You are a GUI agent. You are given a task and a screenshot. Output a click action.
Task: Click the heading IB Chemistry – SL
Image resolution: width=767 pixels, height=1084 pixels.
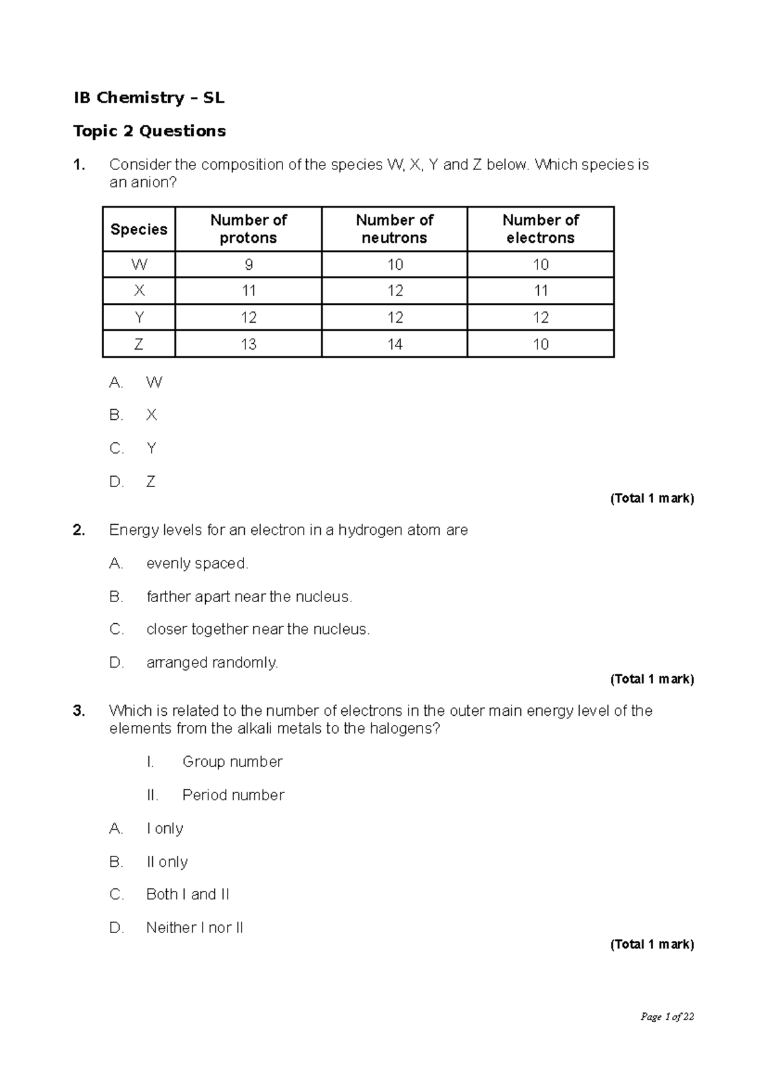coord(149,98)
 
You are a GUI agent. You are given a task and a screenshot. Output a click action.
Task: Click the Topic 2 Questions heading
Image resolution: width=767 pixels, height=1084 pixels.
coord(150,131)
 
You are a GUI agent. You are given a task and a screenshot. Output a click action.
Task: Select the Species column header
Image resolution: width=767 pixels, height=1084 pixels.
coord(139,229)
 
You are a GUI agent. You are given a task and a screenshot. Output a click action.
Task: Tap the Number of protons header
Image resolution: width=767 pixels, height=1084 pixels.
coord(248,229)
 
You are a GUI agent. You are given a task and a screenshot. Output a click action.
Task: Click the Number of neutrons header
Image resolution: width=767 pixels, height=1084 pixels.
coord(394,229)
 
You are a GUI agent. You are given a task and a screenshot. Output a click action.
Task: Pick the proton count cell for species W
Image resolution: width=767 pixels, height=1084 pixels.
coord(248,265)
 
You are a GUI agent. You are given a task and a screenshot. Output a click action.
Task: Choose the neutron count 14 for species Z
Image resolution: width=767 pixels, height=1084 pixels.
coord(394,345)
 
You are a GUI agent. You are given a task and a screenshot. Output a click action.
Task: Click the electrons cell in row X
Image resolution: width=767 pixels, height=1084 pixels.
coord(541,291)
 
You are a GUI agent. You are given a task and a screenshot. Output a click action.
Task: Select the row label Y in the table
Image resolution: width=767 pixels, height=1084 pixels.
coord(139,318)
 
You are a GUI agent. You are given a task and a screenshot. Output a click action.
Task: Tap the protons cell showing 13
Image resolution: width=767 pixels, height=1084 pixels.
coord(248,345)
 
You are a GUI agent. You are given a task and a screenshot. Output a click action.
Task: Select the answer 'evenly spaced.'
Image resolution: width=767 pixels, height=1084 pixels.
coord(197,564)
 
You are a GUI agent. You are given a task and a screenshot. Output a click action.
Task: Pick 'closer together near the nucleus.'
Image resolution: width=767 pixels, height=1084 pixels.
coord(258,630)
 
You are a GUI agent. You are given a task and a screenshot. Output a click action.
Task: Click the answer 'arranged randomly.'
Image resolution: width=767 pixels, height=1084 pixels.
coord(212,663)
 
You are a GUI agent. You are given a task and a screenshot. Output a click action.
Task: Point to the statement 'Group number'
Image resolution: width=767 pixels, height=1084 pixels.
coord(232,762)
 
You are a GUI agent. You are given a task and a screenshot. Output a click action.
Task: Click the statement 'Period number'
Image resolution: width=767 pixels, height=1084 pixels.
coord(233,795)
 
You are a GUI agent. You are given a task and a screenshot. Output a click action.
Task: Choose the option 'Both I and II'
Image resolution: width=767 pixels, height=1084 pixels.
coord(187,894)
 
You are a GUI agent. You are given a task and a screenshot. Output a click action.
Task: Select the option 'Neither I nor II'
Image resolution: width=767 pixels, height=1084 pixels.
coord(194,927)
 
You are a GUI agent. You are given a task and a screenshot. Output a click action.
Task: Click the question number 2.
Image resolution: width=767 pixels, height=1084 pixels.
coord(79,530)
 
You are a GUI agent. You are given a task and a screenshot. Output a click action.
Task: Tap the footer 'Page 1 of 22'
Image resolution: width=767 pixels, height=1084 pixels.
coord(667,1017)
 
